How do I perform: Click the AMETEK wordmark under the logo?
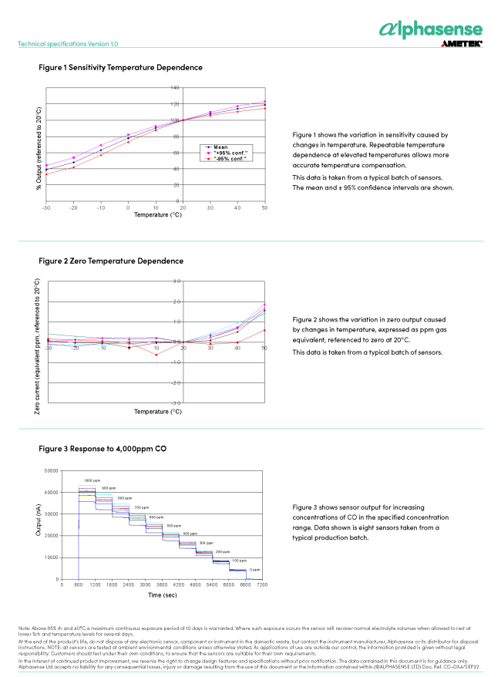click(x=461, y=45)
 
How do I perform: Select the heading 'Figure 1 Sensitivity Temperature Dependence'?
click(x=120, y=68)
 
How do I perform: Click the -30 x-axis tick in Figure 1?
click(x=46, y=209)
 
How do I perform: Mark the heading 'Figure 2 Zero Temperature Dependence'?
click(x=111, y=261)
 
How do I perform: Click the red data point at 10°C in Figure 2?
click(x=156, y=354)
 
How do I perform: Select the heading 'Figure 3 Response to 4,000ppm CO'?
click(x=103, y=448)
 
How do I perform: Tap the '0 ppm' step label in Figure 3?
click(x=254, y=569)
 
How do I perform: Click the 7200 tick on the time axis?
click(x=262, y=586)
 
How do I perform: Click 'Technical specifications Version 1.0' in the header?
click(x=68, y=44)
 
